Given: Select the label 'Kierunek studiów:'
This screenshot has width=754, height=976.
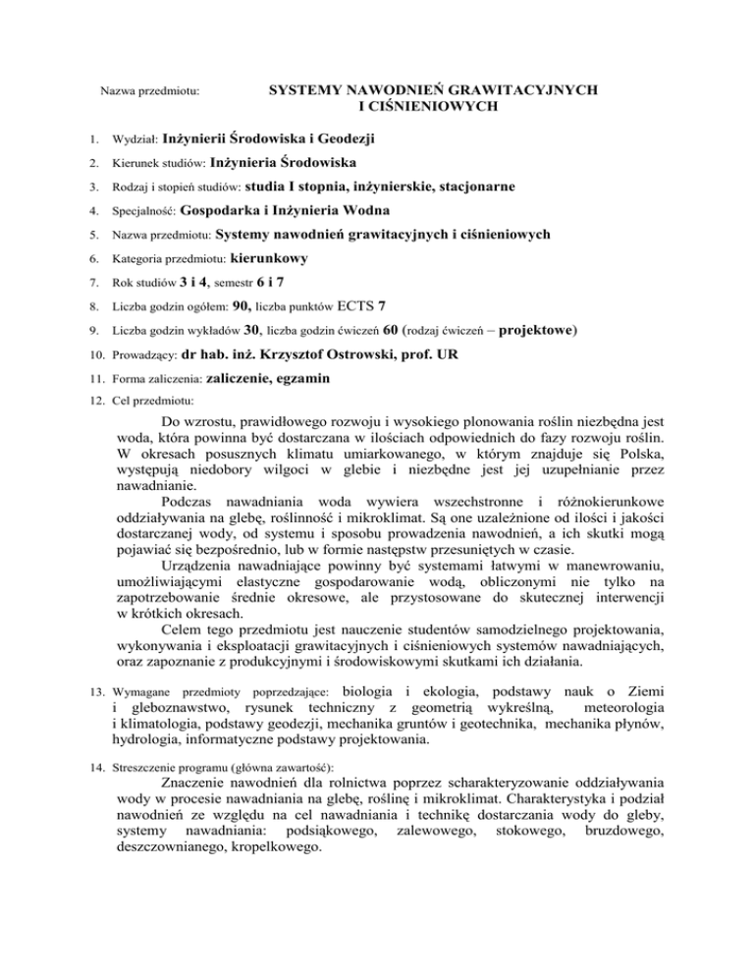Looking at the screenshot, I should tap(159, 162).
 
